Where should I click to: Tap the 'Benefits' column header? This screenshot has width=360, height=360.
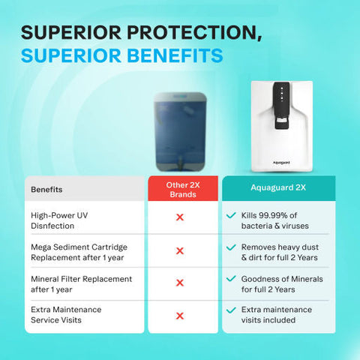46,190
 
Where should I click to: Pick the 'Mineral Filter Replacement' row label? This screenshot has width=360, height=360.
70,283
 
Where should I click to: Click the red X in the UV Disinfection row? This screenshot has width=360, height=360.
180,217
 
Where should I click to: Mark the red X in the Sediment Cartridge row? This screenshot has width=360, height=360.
180,250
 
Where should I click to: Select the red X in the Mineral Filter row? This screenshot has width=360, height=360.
180,283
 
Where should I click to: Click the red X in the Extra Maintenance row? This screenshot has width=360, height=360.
180,316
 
